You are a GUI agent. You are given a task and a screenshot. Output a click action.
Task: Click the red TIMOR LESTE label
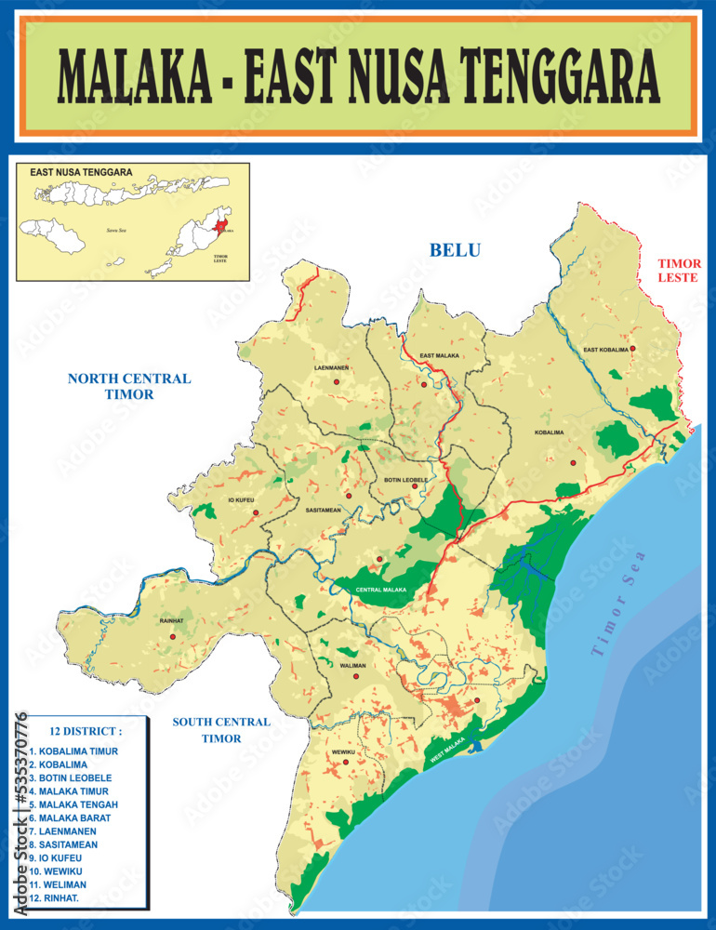tap(679, 271)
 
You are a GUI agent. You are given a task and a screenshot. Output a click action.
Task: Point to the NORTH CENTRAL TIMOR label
tap(128, 386)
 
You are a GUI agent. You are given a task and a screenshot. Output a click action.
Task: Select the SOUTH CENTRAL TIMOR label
tap(221, 730)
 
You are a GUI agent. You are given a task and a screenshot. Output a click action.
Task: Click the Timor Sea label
tap(617, 605)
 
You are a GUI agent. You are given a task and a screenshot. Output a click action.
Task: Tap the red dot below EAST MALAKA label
tap(423, 384)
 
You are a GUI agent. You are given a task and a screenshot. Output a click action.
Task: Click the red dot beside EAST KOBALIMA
tap(632, 349)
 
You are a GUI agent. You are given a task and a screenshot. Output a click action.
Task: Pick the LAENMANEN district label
tap(332, 368)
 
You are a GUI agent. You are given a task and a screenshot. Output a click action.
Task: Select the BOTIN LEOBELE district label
tap(406, 480)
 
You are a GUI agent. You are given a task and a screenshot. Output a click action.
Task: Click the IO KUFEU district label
tap(241, 500)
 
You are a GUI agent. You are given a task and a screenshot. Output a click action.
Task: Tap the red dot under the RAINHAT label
tap(172, 637)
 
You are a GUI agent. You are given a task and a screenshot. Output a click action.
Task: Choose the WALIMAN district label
tap(352, 666)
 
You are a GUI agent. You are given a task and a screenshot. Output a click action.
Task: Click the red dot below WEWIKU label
tap(346, 763)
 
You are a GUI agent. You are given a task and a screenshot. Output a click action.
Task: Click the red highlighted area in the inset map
tap(220, 226)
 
